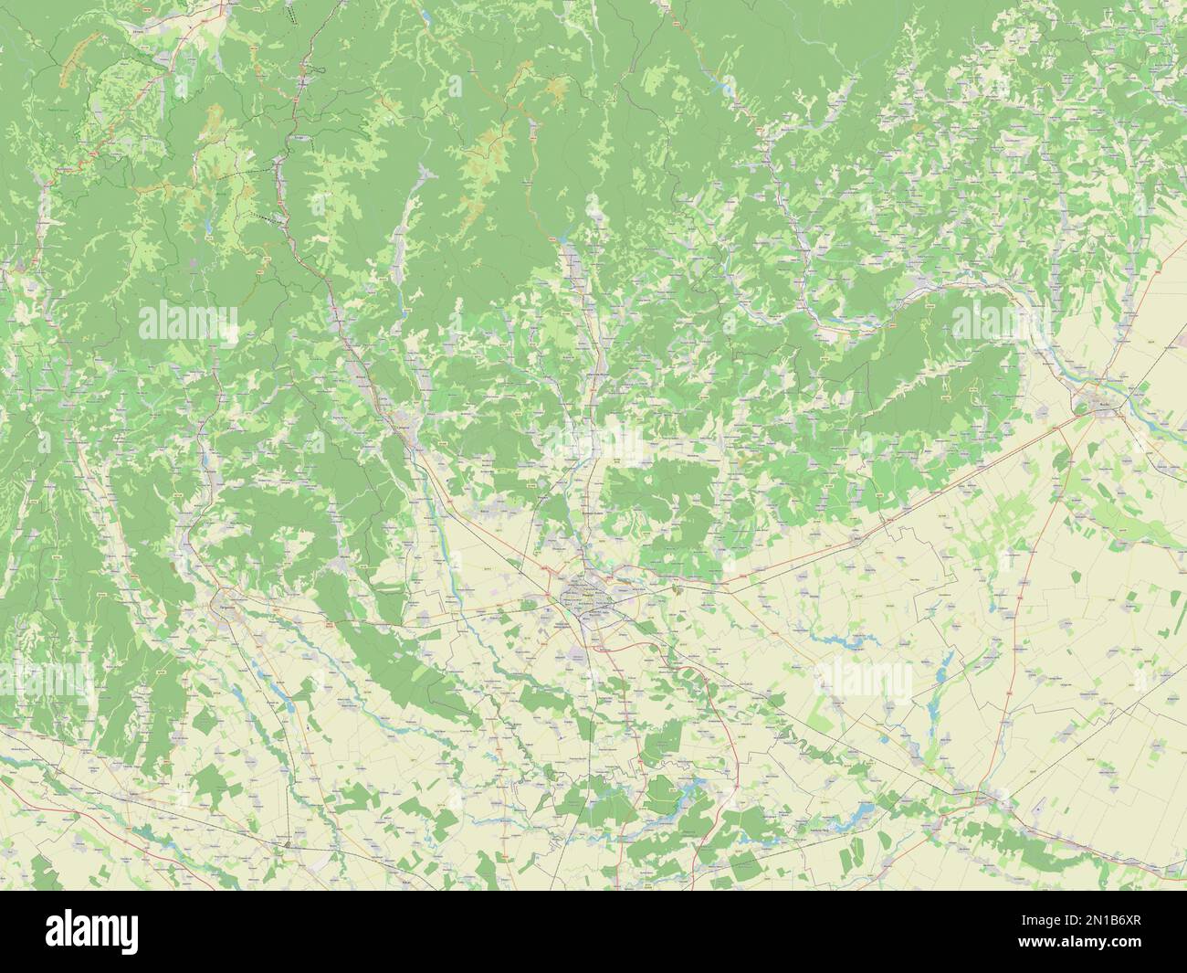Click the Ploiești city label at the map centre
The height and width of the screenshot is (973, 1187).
point(584,597)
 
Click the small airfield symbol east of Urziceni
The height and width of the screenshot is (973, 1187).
point(1041,809)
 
